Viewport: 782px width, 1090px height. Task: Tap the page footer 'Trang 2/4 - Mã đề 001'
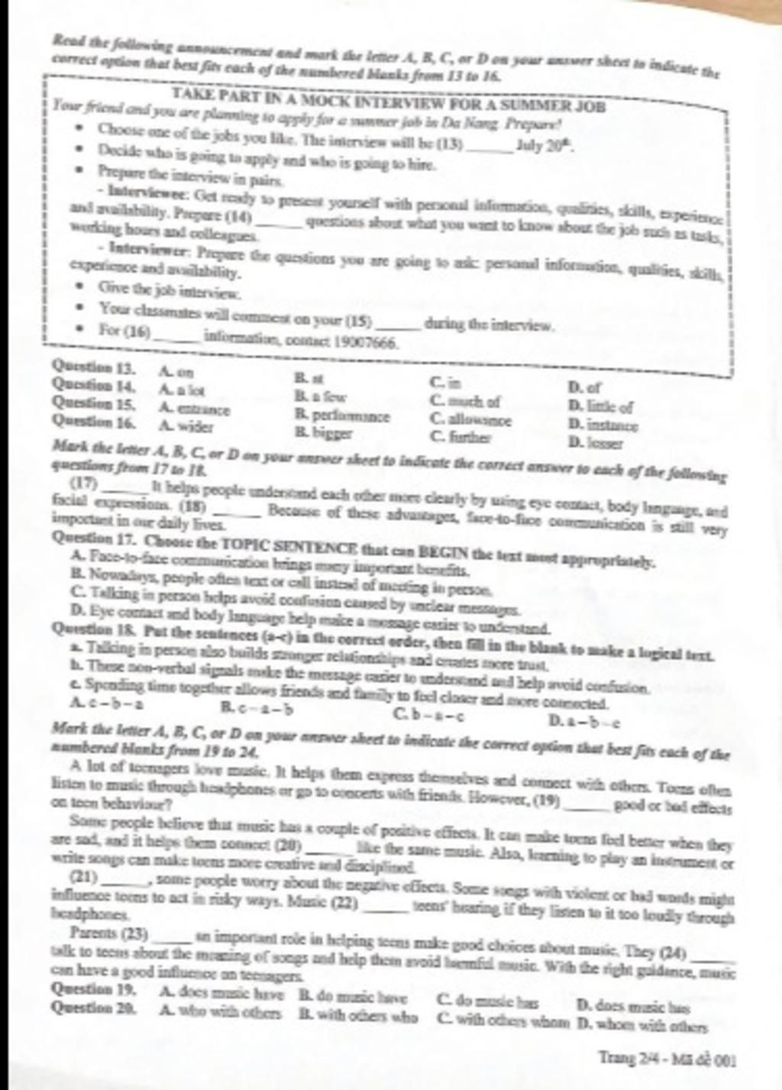[x=667, y=1059]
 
